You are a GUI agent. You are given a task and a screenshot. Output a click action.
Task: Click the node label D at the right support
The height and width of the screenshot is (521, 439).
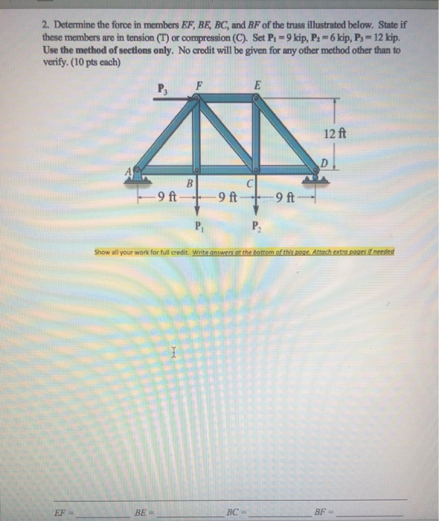click(324, 162)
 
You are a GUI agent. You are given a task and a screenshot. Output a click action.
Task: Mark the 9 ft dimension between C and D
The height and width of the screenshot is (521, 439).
click(284, 197)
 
